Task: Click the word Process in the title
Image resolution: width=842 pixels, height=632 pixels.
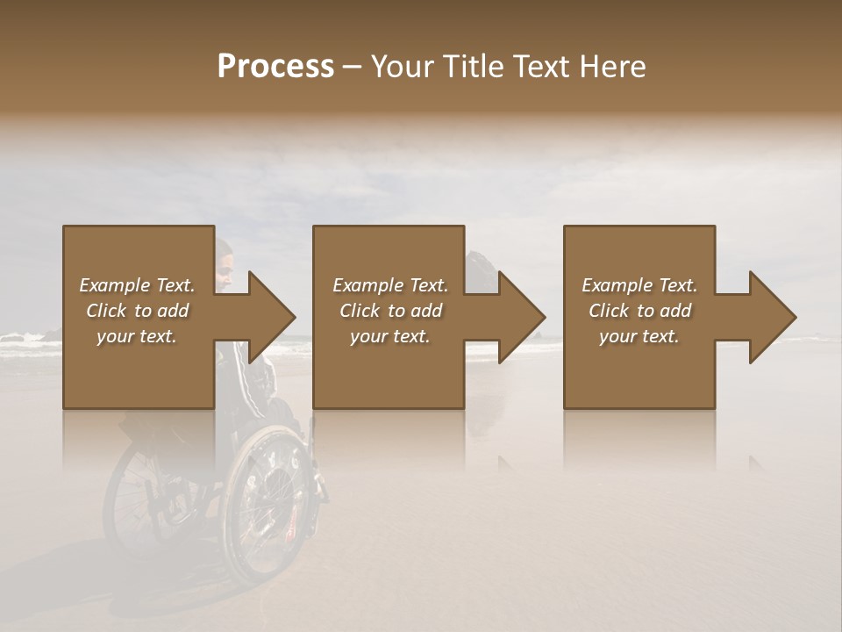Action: click(x=275, y=66)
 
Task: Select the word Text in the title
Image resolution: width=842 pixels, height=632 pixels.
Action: click(x=539, y=67)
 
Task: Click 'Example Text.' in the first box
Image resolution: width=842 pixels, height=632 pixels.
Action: click(x=137, y=285)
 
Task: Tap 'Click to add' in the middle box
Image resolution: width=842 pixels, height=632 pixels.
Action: click(x=390, y=311)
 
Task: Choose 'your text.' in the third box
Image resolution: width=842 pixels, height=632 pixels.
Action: click(x=639, y=336)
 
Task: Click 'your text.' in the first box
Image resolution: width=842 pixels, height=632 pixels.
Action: click(x=137, y=336)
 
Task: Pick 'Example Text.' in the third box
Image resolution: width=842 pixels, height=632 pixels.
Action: click(x=639, y=285)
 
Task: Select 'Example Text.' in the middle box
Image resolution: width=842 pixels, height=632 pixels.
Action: click(x=390, y=285)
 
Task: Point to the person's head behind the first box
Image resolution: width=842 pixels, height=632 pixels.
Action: click(x=225, y=263)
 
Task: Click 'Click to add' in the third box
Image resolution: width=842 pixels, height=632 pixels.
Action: click(x=639, y=311)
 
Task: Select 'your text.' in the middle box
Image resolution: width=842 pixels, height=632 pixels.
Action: click(x=390, y=336)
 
